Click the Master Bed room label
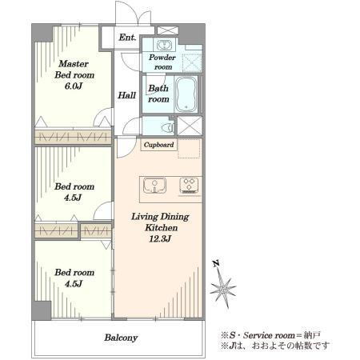tap(74, 70)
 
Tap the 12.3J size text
tap(160, 239)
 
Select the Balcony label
tap(121, 338)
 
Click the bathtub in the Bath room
tap(186, 94)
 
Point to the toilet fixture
tap(167, 127)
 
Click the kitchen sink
tap(154, 186)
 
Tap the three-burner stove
tap(189, 186)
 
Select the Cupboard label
tap(158, 145)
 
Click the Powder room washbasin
tap(164, 45)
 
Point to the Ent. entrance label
tap(127, 38)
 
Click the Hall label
tap(127, 95)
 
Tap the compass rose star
tap(223, 289)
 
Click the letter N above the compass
tap(216, 264)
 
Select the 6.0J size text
tap(74, 86)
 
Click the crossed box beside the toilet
tap(190, 126)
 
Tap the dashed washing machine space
tap(192, 62)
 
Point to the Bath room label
tap(158, 94)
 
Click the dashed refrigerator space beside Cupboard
tap(189, 149)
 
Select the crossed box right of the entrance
tap(168, 30)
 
